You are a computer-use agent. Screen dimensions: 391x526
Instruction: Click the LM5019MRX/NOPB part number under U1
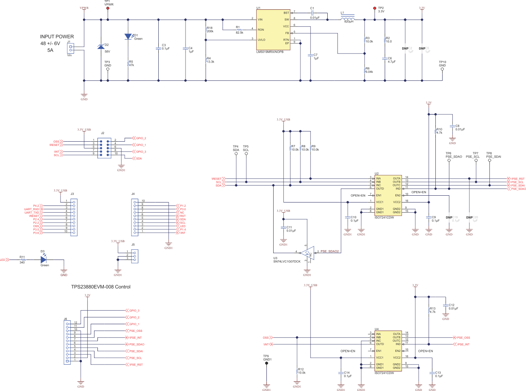270,51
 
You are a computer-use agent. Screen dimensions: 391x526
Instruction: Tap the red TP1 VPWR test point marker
108,9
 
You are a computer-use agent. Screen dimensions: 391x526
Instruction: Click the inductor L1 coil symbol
349,19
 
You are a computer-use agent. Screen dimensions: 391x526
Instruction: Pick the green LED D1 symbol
129,37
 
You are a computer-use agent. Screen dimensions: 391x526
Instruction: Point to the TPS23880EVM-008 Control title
101,287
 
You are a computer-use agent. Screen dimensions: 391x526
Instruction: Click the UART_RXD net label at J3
32,209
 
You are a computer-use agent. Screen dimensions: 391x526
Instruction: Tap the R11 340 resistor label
22,263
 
